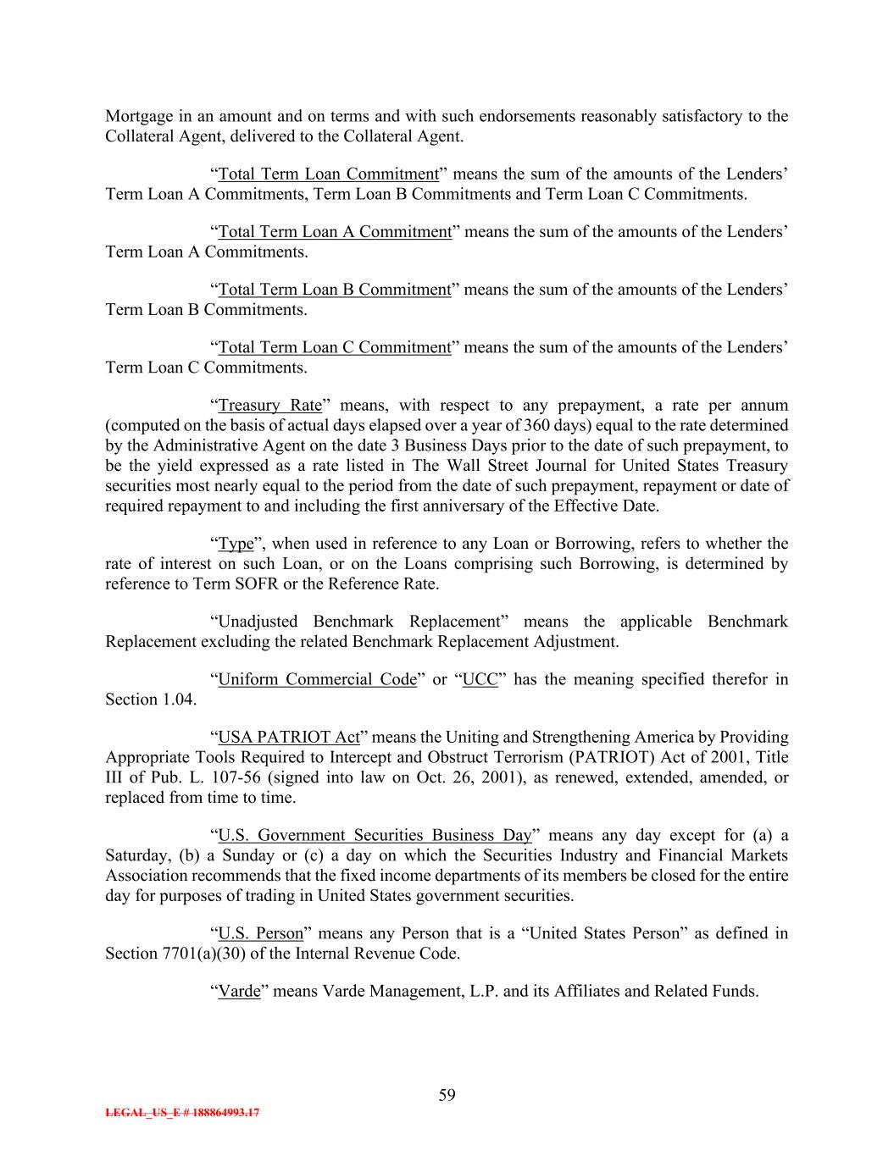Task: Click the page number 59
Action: coord(447,1095)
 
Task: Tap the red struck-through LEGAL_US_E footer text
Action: coord(182,1113)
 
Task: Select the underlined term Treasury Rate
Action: coord(270,405)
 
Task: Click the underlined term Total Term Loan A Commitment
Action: coord(335,232)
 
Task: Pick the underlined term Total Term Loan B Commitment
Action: coord(335,290)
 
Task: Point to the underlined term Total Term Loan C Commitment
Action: coord(335,347)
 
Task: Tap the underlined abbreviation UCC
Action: coord(480,679)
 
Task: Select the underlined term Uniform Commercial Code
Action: coord(317,679)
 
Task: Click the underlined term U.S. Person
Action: coord(260,933)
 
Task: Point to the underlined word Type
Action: coord(236,544)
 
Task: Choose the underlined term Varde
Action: coord(239,991)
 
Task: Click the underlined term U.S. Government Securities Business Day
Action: coord(375,835)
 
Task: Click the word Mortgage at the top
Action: coord(137,116)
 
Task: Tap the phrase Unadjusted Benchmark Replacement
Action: coord(361,622)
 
